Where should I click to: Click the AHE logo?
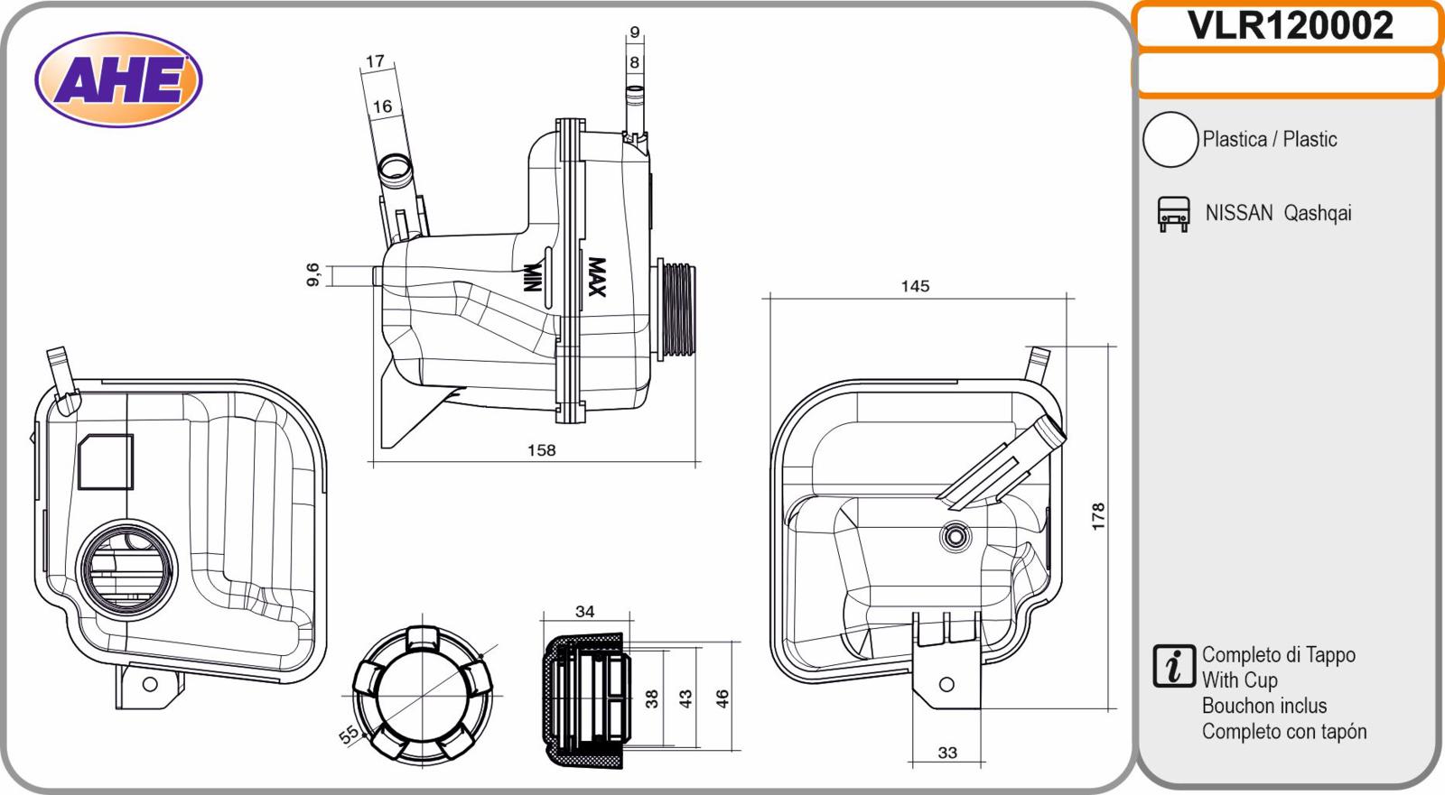click(118, 79)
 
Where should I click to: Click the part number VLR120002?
click(1290, 25)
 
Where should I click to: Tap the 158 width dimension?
click(541, 450)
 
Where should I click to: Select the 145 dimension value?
click(915, 286)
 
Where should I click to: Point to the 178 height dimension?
click(1098, 516)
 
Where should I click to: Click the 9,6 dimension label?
click(312, 274)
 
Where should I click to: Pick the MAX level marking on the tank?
click(597, 277)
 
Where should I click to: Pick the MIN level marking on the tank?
click(532, 277)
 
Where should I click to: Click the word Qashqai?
click(1318, 214)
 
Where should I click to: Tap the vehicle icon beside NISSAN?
click(1173, 214)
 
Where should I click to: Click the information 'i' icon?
click(1173, 665)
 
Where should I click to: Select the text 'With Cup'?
click(1239, 680)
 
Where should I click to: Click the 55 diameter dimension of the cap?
click(349, 735)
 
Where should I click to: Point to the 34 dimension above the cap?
click(584, 611)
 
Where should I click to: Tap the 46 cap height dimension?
click(722, 698)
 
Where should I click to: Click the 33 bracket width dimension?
click(947, 753)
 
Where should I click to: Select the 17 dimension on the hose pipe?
click(375, 61)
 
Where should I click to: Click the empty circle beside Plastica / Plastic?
click(1170, 140)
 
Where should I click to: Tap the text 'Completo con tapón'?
click(1284, 732)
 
